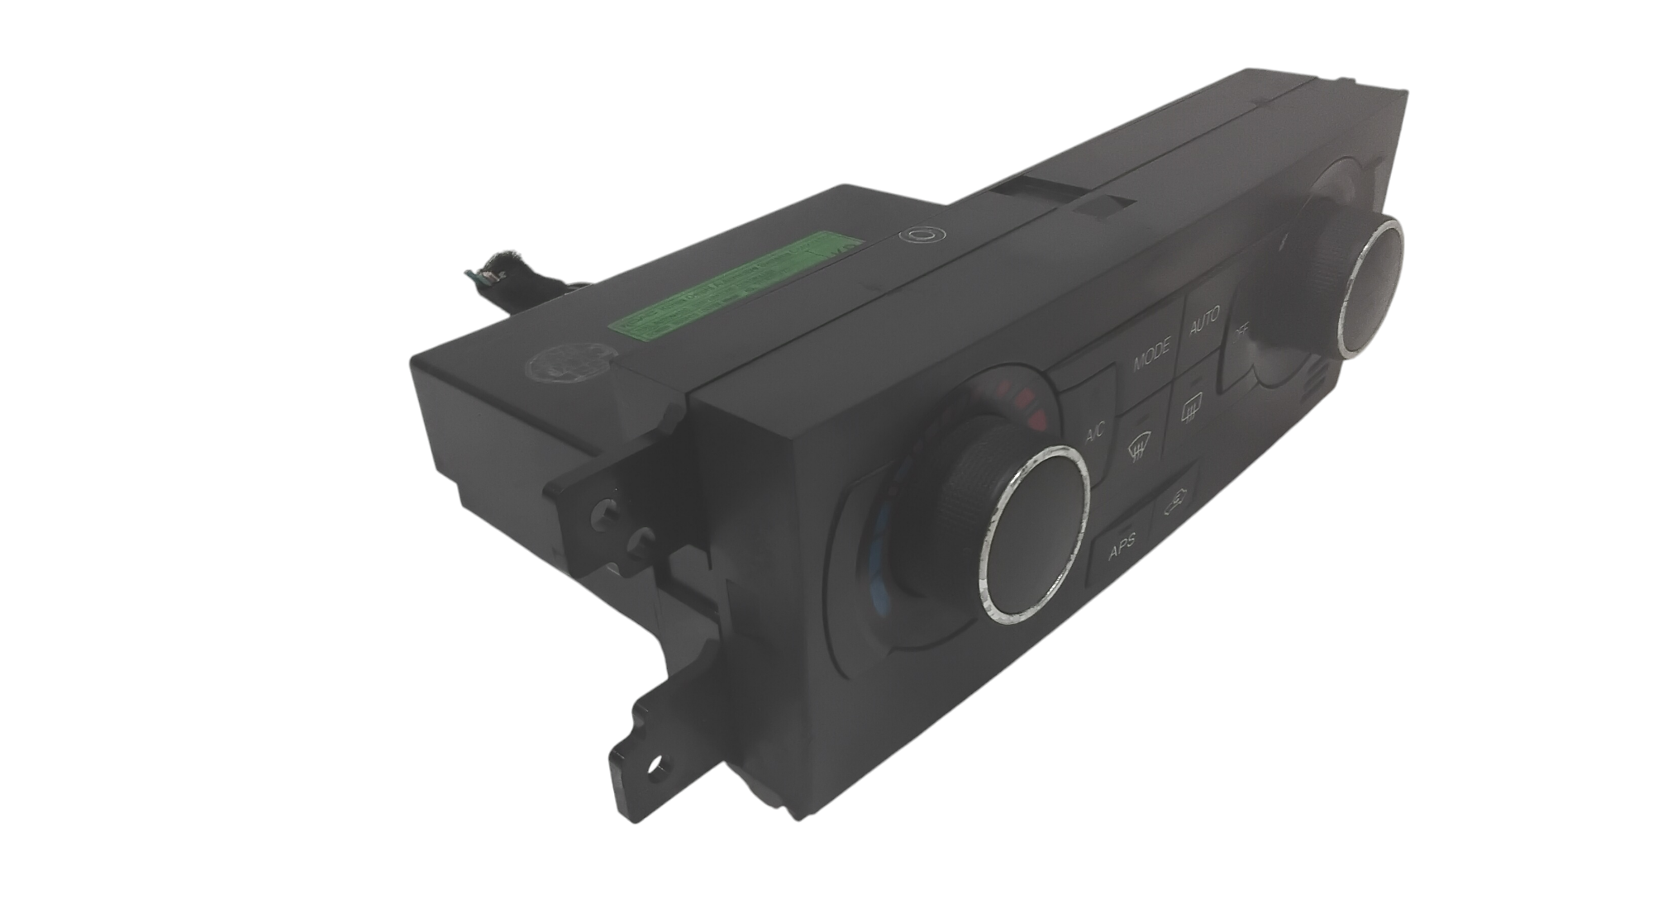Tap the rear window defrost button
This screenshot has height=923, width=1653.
coord(1190,408)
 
